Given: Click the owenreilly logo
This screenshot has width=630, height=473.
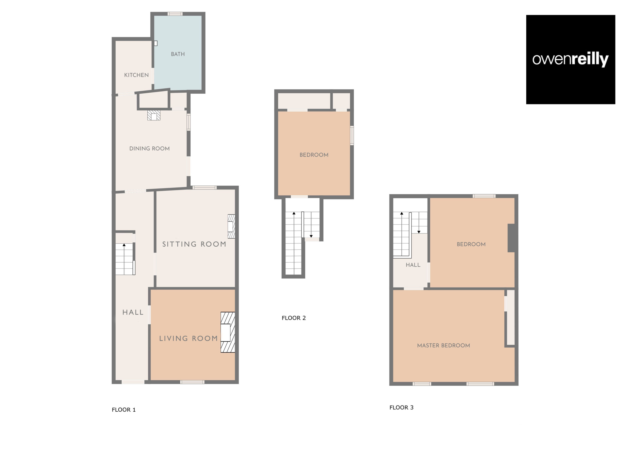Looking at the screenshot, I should click(570, 59).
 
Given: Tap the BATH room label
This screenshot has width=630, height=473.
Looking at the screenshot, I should click(178, 54).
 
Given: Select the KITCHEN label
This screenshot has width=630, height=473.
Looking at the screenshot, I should click(136, 75).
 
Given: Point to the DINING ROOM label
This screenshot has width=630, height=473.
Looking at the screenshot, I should click(150, 149).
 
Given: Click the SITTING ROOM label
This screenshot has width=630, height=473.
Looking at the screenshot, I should click(194, 244).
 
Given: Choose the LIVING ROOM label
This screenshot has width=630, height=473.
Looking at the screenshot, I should click(189, 338).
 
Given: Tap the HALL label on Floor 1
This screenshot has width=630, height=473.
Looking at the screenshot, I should click(133, 312).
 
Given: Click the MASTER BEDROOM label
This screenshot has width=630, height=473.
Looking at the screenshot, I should click(443, 346).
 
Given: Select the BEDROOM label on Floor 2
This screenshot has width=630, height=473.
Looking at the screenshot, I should click(314, 155).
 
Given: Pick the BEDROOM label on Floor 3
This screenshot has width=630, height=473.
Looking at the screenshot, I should click(471, 244).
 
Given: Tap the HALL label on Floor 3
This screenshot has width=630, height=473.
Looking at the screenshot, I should click(413, 265).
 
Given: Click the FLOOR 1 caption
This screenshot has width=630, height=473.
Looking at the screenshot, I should click(124, 410).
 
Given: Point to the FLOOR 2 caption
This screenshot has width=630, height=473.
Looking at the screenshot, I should click(294, 318).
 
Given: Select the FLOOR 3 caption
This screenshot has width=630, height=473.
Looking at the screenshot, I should click(401, 407).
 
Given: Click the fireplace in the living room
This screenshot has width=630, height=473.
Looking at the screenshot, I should click(228, 332).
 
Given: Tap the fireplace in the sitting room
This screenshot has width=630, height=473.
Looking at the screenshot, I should click(231, 226).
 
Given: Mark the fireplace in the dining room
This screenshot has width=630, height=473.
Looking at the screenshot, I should click(154, 115).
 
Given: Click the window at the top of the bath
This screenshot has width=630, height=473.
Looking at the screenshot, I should click(175, 14).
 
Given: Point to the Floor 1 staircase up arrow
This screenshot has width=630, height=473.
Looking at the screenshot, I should click(124, 245).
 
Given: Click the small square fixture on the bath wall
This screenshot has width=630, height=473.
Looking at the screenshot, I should click(156, 43).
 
